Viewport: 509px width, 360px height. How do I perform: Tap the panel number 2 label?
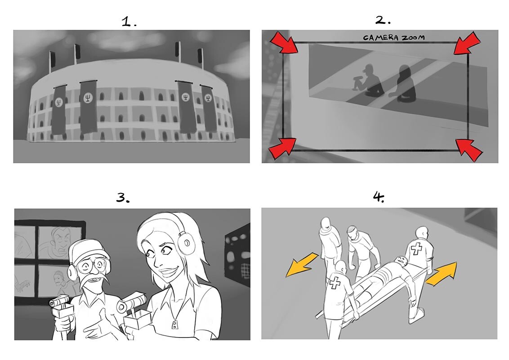pyautogui.click(x=383, y=20)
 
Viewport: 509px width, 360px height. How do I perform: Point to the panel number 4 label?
pyautogui.click(x=379, y=197)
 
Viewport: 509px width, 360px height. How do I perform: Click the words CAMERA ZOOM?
pyautogui.click(x=393, y=38)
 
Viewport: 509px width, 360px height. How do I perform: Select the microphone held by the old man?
pyautogui.click(x=59, y=302)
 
